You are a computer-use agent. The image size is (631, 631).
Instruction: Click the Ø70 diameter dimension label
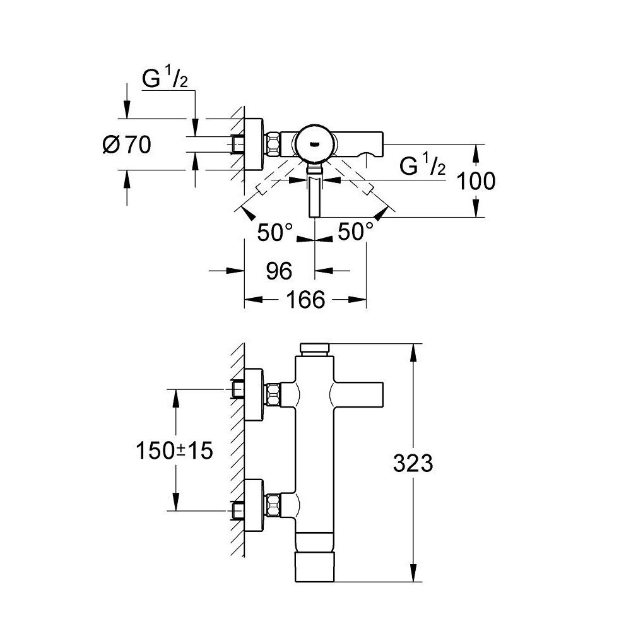[x=127, y=144]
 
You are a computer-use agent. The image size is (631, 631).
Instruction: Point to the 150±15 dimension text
[x=174, y=451]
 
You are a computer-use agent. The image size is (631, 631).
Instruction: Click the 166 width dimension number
[x=305, y=300]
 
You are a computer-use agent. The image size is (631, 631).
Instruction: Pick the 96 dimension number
[x=279, y=271]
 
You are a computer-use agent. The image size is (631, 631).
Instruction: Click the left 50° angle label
[x=275, y=233]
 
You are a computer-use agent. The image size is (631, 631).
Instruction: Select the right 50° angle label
[x=356, y=232]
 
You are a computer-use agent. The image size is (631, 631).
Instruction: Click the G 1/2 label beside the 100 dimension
[x=423, y=165]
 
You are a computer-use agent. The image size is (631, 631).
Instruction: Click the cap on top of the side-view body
[x=315, y=350]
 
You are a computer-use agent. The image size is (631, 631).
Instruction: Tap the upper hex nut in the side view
[x=273, y=395]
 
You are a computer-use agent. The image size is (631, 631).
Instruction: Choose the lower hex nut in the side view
[x=273, y=505]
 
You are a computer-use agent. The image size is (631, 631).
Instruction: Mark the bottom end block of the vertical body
[x=315, y=567]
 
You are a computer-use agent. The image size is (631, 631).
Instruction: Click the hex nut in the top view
[x=273, y=144]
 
